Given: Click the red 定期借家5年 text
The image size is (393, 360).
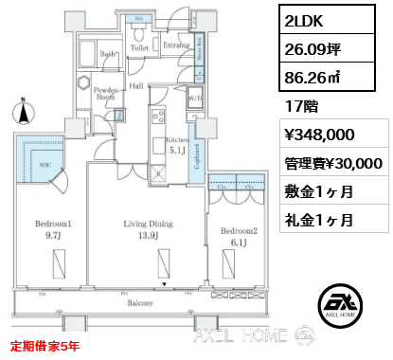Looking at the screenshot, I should click(45, 346).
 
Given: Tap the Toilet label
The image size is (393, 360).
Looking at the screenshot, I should click(138, 45).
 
